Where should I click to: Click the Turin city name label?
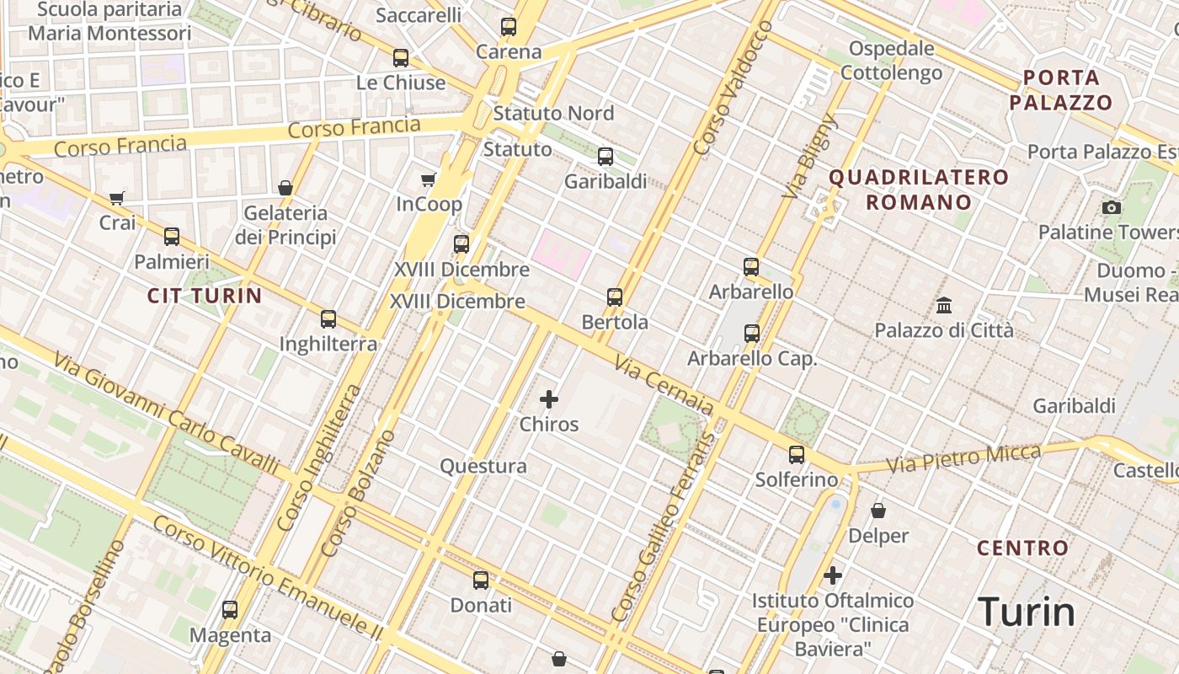click(1027, 612)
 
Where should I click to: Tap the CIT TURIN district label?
click(205, 296)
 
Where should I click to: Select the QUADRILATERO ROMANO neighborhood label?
click(919, 190)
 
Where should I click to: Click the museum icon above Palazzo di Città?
click(944, 305)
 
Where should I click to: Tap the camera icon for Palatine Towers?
click(1112, 207)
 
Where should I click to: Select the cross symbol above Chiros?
click(549, 399)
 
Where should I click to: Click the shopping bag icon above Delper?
click(878, 511)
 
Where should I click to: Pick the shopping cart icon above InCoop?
click(429, 179)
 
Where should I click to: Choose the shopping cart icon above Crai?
click(117, 199)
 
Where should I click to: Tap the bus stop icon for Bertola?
click(615, 297)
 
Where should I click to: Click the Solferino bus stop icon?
click(797, 455)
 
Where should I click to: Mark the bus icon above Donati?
click(481, 580)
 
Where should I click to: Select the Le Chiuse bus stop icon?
click(401, 58)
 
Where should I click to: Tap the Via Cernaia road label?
click(664, 386)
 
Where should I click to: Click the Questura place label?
click(483, 466)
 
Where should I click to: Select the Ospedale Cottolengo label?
click(892, 61)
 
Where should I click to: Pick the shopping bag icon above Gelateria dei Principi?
click(285, 188)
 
